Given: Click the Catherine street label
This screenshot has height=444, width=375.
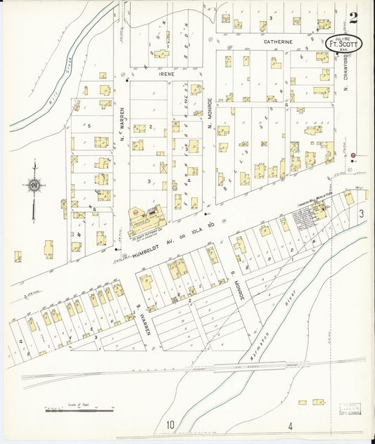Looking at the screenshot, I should [278, 42].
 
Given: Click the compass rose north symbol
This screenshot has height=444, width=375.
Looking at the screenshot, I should [33, 186].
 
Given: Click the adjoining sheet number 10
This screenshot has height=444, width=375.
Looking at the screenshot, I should [170, 425].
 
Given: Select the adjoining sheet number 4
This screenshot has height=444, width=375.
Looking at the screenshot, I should [289, 426].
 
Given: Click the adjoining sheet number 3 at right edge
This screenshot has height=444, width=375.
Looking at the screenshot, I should [360, 214].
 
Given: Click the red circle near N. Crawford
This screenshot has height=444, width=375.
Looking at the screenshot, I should [353, 155].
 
